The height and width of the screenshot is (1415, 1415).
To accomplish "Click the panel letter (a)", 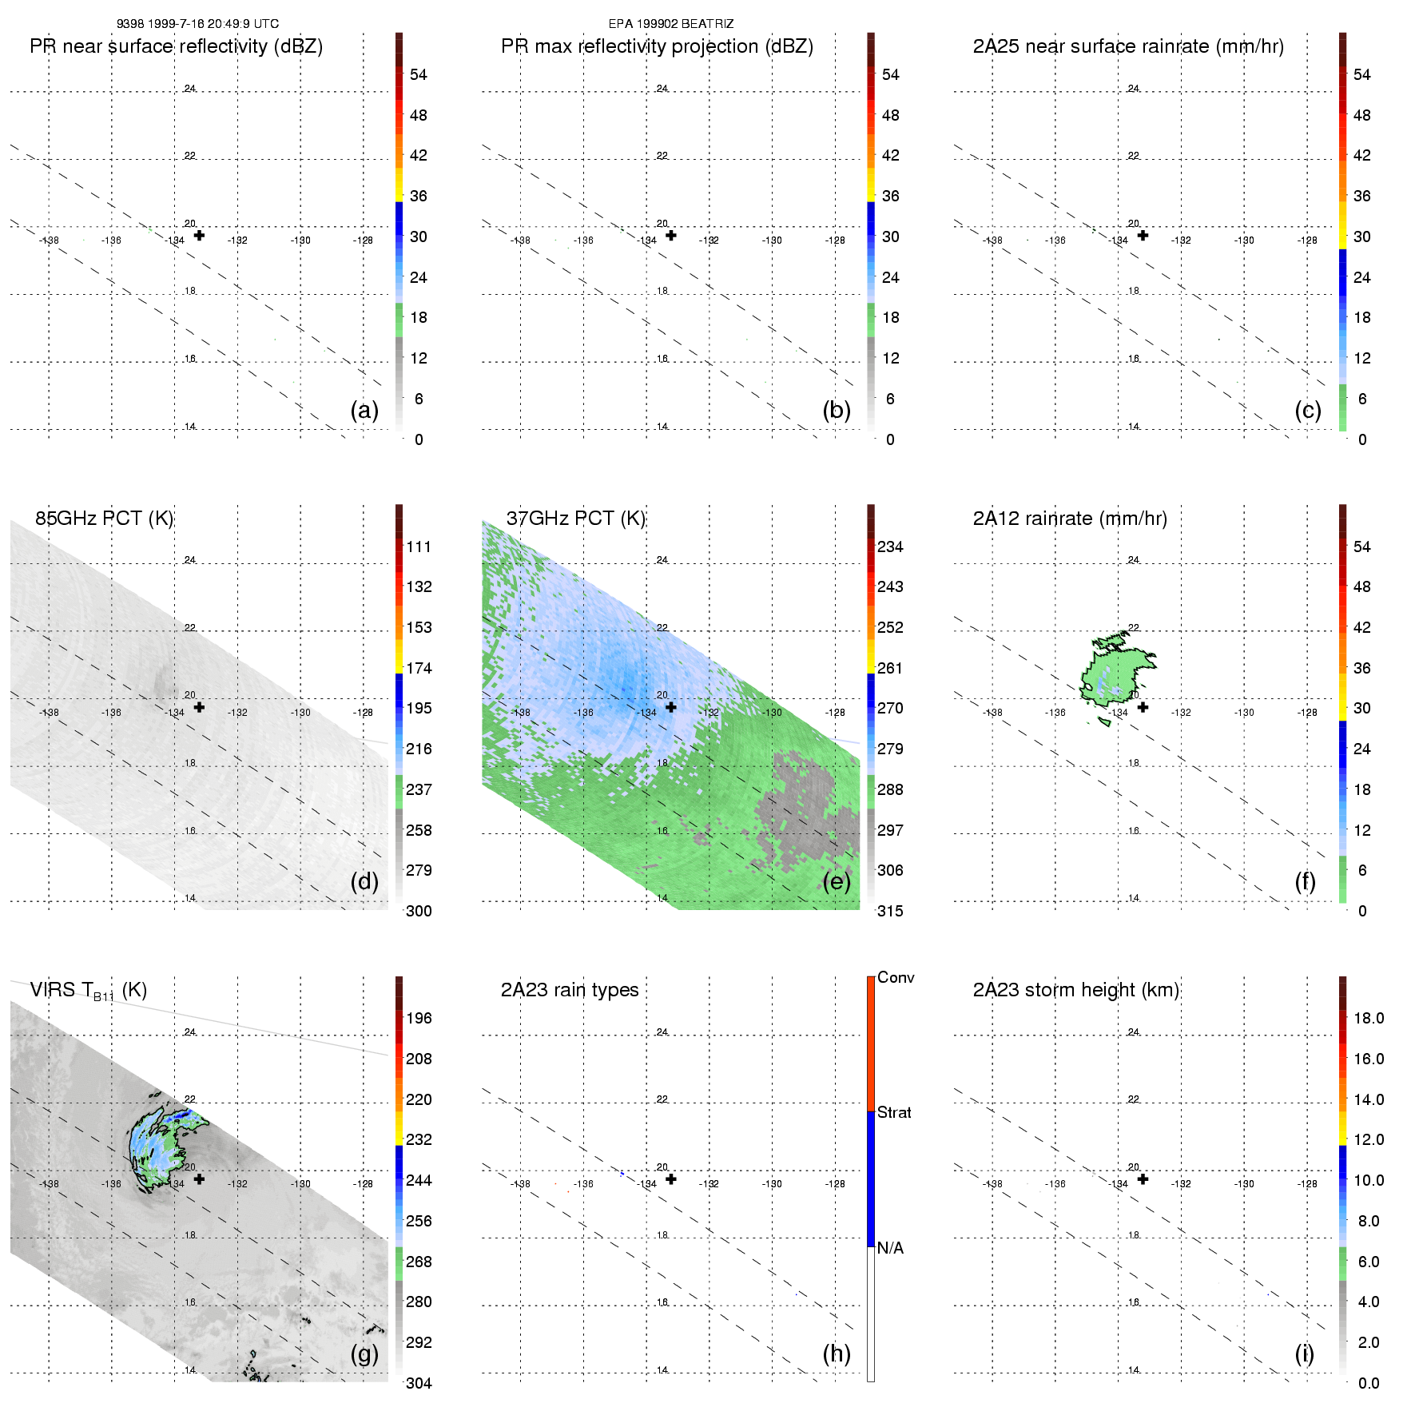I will coord(364,410).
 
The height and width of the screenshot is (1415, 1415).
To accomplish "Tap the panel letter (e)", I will coord(836,881).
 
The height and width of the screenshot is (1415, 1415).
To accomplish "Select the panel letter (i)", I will coord(1304,1353).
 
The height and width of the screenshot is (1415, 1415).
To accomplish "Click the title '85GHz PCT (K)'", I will coord(104,518).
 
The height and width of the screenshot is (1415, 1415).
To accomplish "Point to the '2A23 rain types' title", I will coord(570,990).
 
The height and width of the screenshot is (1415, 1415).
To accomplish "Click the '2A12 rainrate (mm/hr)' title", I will coord(1070,518).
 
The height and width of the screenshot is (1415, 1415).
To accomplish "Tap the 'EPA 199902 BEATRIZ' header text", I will coord(671,24).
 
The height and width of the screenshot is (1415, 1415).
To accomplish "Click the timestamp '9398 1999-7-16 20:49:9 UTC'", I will coord(197,24).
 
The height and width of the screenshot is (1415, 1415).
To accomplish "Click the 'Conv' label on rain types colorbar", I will coord(896,977).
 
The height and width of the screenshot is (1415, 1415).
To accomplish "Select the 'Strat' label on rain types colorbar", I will coord(894,1112).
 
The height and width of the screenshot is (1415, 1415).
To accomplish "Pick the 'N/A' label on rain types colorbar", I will coord(890,1248).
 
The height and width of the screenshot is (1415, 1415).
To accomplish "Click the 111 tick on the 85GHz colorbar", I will coord(419,547).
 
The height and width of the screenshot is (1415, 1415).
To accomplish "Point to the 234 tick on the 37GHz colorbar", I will coord(890,547).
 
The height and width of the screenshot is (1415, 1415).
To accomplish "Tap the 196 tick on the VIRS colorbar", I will coord(419,1018).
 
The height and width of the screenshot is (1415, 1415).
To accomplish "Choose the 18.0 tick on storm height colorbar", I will coord(1369,1018).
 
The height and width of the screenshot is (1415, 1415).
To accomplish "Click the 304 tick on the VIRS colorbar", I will coord(419,1383).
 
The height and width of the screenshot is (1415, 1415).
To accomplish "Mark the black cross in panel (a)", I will coord(199,235).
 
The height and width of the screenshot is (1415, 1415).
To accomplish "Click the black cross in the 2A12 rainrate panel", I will coord(1143,707).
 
